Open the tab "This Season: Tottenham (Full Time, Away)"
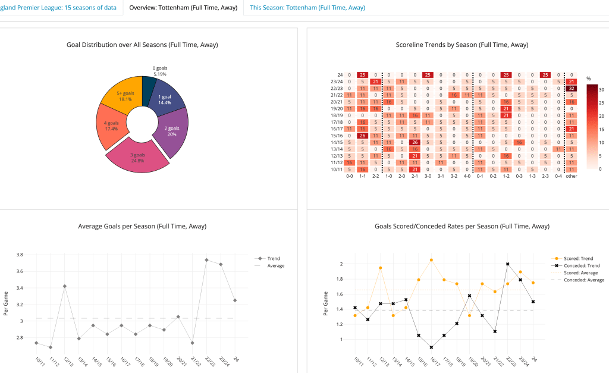click(307, 8)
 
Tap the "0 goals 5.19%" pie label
click(159, 71)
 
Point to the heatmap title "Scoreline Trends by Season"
click(462, 45)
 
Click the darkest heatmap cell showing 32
click(571, 88)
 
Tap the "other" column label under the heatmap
click(571, 176)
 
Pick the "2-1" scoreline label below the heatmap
click(415, 176)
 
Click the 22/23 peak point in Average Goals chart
click(206, 260)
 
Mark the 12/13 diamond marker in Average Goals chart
click(64, 286)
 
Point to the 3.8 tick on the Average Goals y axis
click(20, 255)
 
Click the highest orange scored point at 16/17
click(431, 260)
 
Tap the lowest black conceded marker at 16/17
click(431, 347)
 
